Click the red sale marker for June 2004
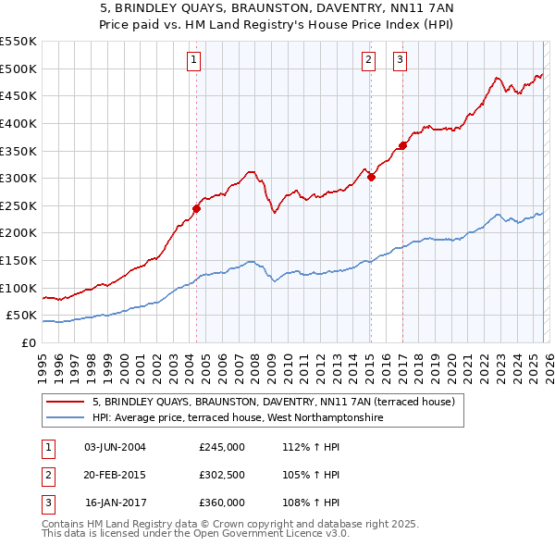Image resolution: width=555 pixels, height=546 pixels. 197,208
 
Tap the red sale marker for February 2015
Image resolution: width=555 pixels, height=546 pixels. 371,177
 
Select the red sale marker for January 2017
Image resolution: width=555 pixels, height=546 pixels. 402,145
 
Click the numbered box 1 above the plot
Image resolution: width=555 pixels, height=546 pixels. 194,61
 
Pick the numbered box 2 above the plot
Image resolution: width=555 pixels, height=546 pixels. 368,61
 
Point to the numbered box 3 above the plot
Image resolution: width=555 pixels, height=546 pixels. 401,61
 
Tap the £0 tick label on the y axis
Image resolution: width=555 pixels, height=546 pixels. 27,342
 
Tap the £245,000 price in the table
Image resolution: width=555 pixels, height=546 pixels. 222,447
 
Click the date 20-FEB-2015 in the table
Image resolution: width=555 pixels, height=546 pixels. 115,475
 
